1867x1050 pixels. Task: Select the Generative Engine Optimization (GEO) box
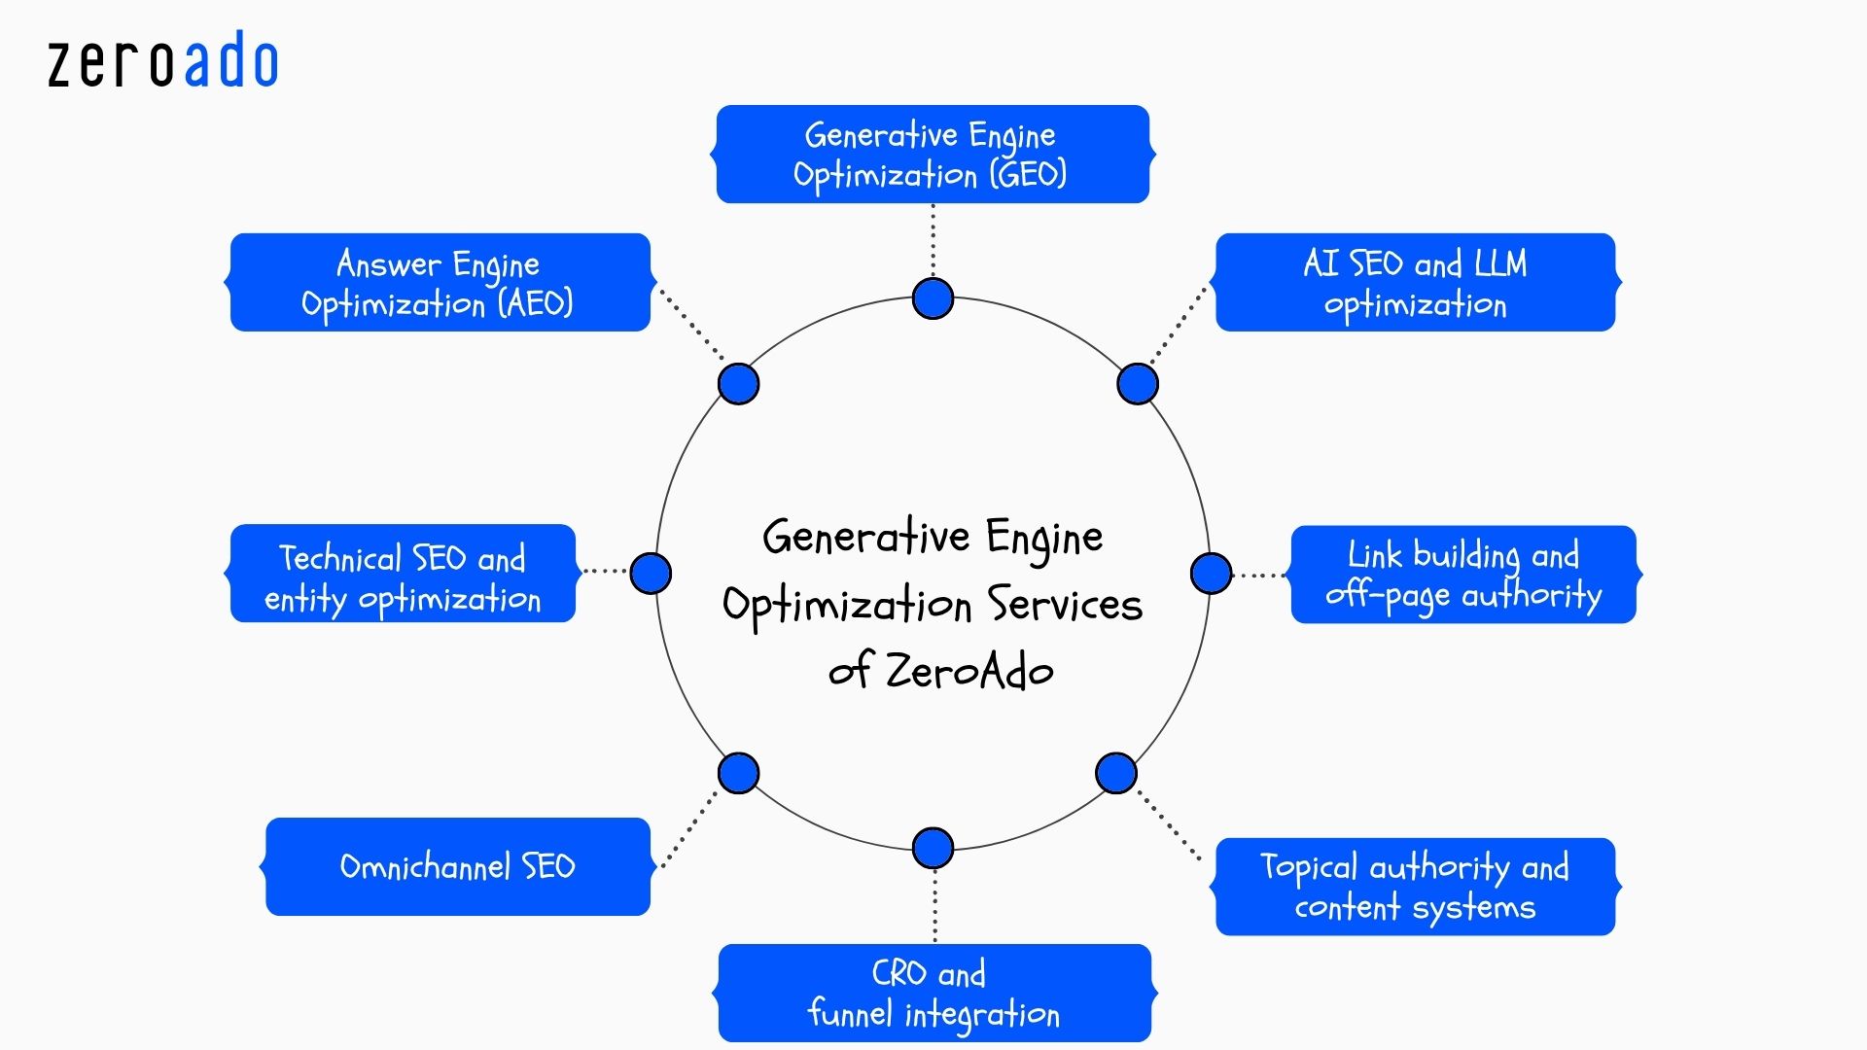pos(933,155)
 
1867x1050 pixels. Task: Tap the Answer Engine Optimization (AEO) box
pos(440,283)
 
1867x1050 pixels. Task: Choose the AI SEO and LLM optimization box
pos(1415,283)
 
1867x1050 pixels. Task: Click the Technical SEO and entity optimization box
pos(403,574)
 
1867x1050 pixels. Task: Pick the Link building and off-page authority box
pos(1462,575)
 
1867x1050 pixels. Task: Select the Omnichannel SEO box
pos(457,866)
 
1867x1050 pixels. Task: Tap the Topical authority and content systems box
pos(1415,887)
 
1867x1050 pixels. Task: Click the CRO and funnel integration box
pos(933,993)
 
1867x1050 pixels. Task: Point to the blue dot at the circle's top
pos(933,298)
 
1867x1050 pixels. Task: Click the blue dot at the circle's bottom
pos(933,848)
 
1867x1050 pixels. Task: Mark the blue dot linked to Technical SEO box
pos(651,573)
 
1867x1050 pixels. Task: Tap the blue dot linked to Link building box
pos(1211,574)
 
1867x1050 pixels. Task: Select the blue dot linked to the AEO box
pos(738,384)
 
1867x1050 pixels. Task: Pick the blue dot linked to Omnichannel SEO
pos(738,773)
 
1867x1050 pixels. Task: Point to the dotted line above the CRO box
pos(934,905)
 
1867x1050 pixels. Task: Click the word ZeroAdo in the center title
pos(969,671)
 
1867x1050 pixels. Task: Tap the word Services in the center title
pos(1065,605)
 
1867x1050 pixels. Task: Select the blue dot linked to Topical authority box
pos(1115,773)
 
